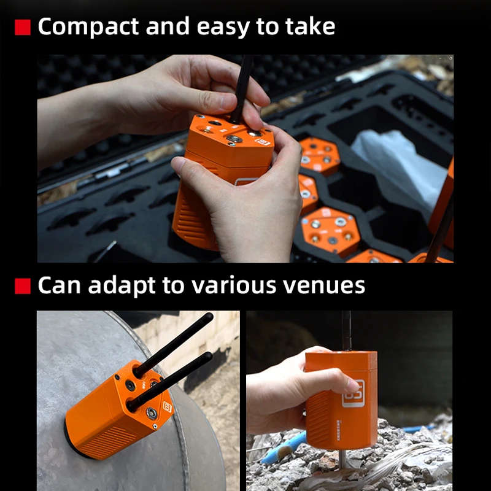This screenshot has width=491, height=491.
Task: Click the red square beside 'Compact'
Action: pyautogui.click(x=22, y=28)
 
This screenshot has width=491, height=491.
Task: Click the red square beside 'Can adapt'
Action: pyautogui.click(x=22, y=285)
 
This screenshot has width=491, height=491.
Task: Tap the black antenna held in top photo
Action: pyautogui.click(x=241, y=86)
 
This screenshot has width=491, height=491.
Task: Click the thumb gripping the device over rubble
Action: pyautogui.click(x=334, y=382)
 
